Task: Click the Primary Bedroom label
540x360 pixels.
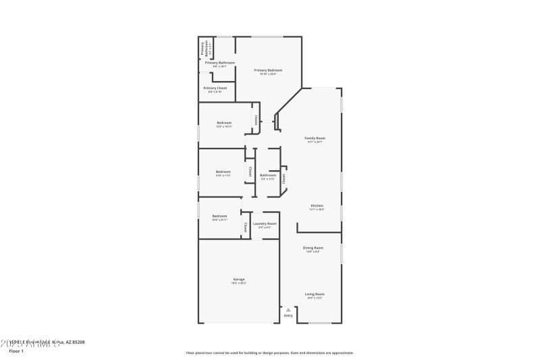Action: pyautogui.click(x=268, y=70)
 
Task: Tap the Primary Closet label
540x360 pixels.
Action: pyautogui.click(x=215, y=88)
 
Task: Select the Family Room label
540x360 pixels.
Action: pyautogui.click(x=315, y=138)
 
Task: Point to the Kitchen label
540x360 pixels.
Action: pyautogui.click(x=317, y=205)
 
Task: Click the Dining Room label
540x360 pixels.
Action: pyautogui.click(x=313, y=248)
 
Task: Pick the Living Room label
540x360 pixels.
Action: pyautogui.click(x=315, y=294)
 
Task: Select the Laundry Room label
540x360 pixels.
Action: pyautogui.click(x=265, y=224)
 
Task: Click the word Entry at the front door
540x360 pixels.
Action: pyautogui.click(x=288, y=315)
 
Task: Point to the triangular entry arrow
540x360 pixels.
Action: pyautogui.click(x=288, y=309)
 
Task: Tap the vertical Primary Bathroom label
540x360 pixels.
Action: pyautogui.click(x=202, y=48)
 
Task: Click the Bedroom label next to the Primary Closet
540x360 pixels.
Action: pyautogui.click(x=224, y=123)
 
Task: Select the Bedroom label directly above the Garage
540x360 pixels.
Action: pyautogui.click(x=219, y=216)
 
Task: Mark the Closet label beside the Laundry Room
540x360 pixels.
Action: pyautogui.click(x=245, y=228)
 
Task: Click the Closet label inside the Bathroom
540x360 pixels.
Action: pyautogui.click(x=284, y=175)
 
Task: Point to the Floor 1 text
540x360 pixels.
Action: pyautogui.click(x=16, y=351)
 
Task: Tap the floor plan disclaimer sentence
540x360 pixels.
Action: pyautogui.click(x=269, y=353)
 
